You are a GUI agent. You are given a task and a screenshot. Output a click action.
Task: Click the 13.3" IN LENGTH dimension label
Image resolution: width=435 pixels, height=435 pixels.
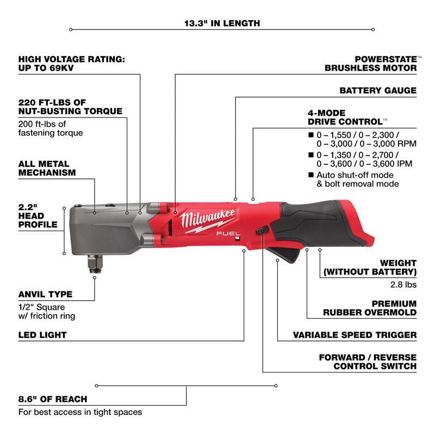click(221, 23)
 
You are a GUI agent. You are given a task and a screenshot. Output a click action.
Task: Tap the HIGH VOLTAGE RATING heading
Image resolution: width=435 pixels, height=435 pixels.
click(71, 63)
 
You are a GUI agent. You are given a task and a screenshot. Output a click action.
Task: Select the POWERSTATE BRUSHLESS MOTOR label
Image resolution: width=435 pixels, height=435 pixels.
click(371, 63)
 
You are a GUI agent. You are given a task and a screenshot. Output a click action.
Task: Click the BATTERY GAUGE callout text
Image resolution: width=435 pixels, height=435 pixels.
click(378, 90)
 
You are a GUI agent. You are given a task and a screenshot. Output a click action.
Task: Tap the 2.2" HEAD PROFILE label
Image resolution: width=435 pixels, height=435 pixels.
click(38, 215)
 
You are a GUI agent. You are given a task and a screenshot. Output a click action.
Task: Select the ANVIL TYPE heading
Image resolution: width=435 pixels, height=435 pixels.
click(45, 294)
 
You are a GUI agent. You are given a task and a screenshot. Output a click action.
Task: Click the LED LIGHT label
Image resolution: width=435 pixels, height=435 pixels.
click(42, 335)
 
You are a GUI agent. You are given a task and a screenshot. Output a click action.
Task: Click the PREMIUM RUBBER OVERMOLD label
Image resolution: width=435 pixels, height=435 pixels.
click(370, 308)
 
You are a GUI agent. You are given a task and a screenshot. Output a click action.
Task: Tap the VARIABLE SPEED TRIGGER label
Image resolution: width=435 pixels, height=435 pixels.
click(355, 335)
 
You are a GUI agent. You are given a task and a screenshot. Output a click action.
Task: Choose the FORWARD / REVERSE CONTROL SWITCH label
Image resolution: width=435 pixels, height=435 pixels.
click(368, 362)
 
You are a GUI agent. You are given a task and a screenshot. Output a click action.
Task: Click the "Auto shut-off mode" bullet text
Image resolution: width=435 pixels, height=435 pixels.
click(354, 179)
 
